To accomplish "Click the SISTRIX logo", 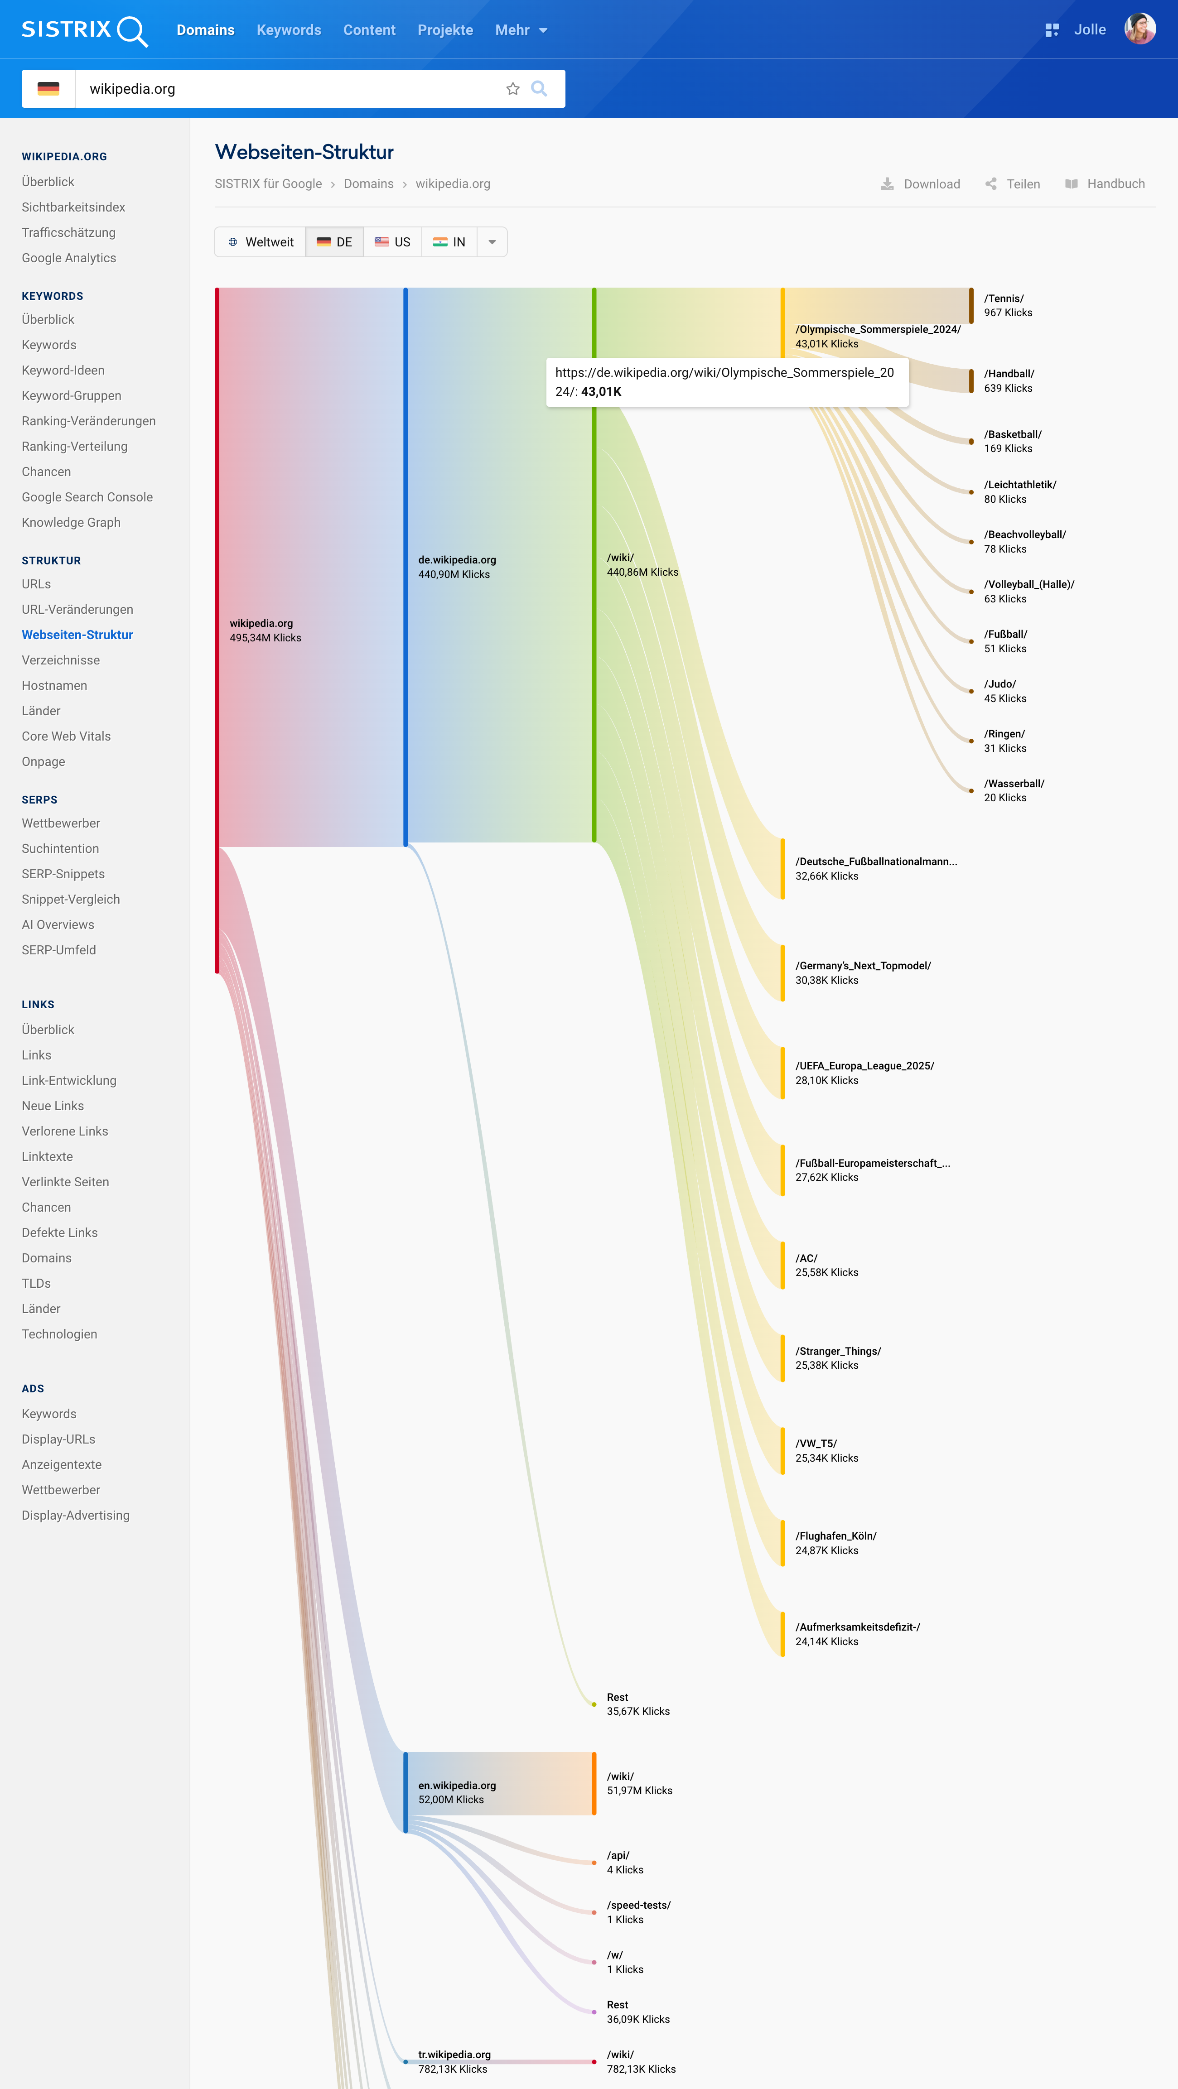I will (84, 30).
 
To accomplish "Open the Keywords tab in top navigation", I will (289, 30).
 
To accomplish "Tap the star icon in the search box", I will (513, 89).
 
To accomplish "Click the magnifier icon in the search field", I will (539, 89).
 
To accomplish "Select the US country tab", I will (393, 242).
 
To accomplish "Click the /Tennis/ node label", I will (1004, 298).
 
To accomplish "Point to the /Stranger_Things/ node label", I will (838, 1351).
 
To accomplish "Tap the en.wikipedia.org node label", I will (457, 1786).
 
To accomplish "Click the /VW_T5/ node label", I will (816, 1444).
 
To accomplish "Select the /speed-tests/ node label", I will (638, 1905).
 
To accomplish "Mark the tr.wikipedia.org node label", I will (454, 2055).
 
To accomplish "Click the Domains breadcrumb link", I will (368, 184).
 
